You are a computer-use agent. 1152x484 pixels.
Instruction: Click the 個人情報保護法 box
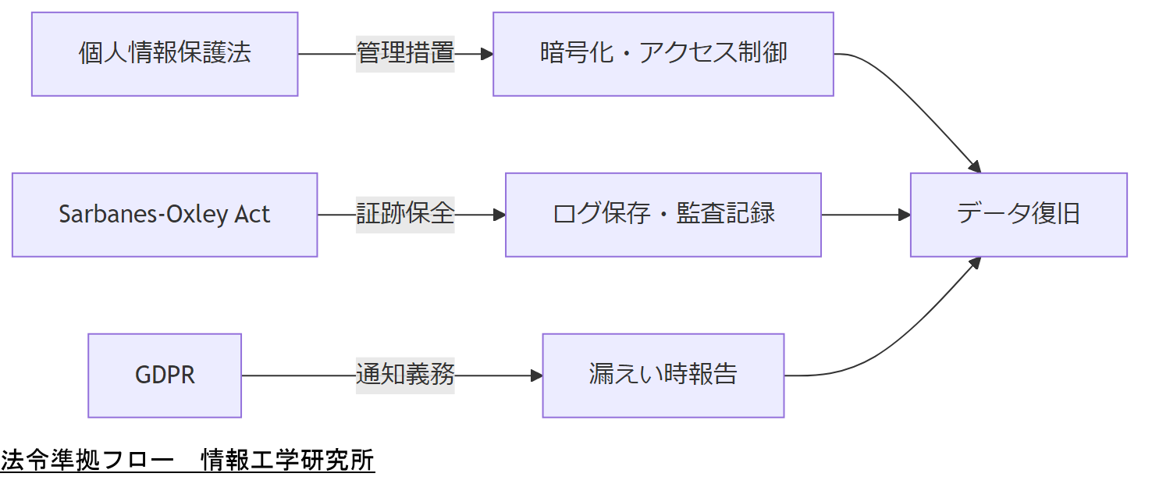click(x=165, y=54)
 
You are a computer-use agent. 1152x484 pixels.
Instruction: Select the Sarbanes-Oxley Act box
click(x=165, y=215)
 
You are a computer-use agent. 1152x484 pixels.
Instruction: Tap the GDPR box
click(x=165, y=375)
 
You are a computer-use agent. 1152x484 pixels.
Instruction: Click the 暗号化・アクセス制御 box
click(x=663, y=54)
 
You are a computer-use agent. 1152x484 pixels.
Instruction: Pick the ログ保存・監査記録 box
click(x=663, y=215)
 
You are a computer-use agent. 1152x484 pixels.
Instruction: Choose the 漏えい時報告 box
click(x=663, y=375)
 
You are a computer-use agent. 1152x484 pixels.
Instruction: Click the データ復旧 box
click(x=1019, y=215)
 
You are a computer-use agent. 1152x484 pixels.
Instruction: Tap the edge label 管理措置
click(x=405, y=54)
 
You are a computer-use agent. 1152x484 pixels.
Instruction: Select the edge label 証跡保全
click(x=405, y=215)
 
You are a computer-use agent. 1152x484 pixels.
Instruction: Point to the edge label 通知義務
click(x=405, y=375)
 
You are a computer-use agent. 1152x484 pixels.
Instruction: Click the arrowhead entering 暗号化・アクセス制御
click(x=487, y=54)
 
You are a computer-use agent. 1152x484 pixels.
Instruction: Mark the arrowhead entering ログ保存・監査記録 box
click(x=500, y=215)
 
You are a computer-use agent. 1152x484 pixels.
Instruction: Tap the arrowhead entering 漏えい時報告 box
click(x=536, y=375)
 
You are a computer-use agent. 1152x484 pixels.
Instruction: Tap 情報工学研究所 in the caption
click(x=288, y=461)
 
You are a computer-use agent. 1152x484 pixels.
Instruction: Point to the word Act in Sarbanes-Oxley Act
click(x=252, y=215)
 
